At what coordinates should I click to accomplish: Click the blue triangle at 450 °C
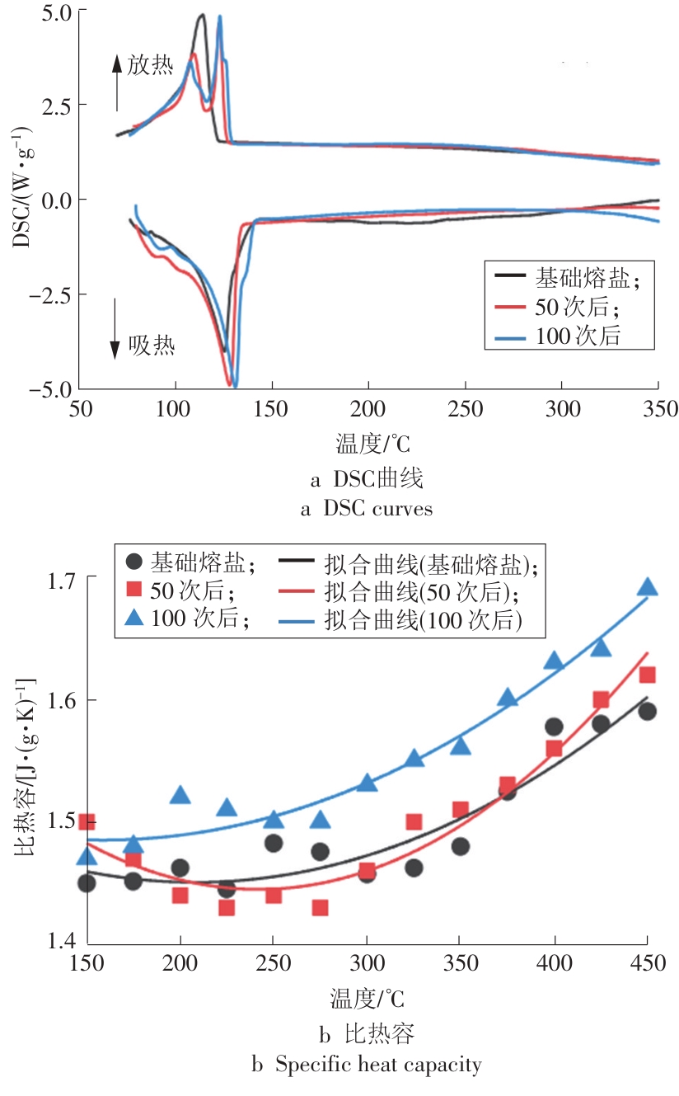click(x=647, y=586)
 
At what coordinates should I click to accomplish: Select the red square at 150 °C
click(x=87, y=821)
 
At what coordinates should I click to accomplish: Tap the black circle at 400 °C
click(x=554, y=727)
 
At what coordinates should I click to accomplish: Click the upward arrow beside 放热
click(x=117, y=82)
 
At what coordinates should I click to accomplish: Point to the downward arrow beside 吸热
click(x=115, y=328)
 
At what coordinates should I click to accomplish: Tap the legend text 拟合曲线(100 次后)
click(x=424, y=619)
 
